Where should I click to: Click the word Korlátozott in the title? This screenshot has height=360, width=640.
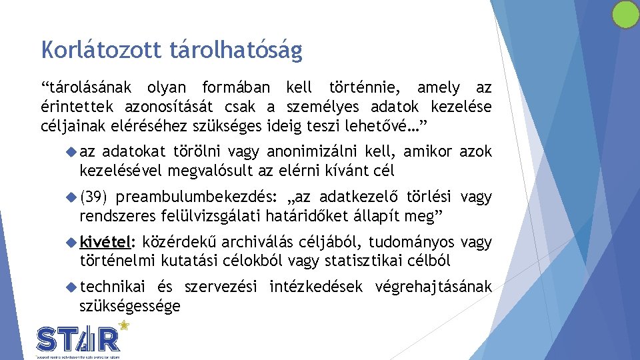(x=90, y=49)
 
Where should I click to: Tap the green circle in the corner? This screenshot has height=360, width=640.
(x=625, y=14)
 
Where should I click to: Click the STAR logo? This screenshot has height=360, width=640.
(x=79, y=339)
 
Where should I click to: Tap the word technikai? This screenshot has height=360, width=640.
(x=112, y=287)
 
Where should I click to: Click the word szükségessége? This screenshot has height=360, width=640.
(x=130, y=306)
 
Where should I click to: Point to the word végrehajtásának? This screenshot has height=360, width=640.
(x=434, y=287)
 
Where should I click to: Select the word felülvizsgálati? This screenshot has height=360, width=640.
(x=222, y=216)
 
